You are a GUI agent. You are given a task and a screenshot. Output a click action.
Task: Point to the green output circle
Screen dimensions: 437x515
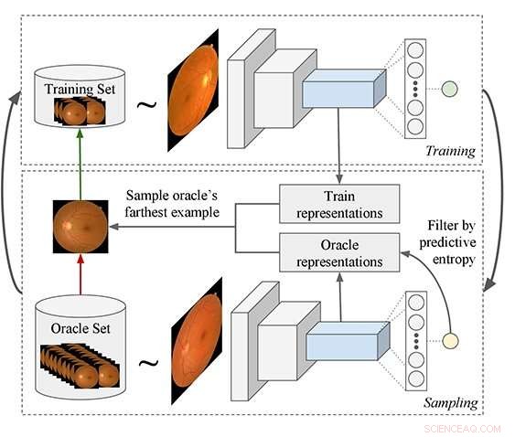pos(448,90)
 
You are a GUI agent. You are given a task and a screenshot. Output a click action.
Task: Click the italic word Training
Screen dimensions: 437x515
pos(450,150)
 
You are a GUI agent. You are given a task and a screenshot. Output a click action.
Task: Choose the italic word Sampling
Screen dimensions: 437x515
pos(448,401)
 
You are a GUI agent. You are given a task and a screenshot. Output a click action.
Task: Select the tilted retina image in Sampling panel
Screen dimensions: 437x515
pos(195,340)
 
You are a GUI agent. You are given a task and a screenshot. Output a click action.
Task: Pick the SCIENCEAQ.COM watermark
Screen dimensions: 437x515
pos(464,427)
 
